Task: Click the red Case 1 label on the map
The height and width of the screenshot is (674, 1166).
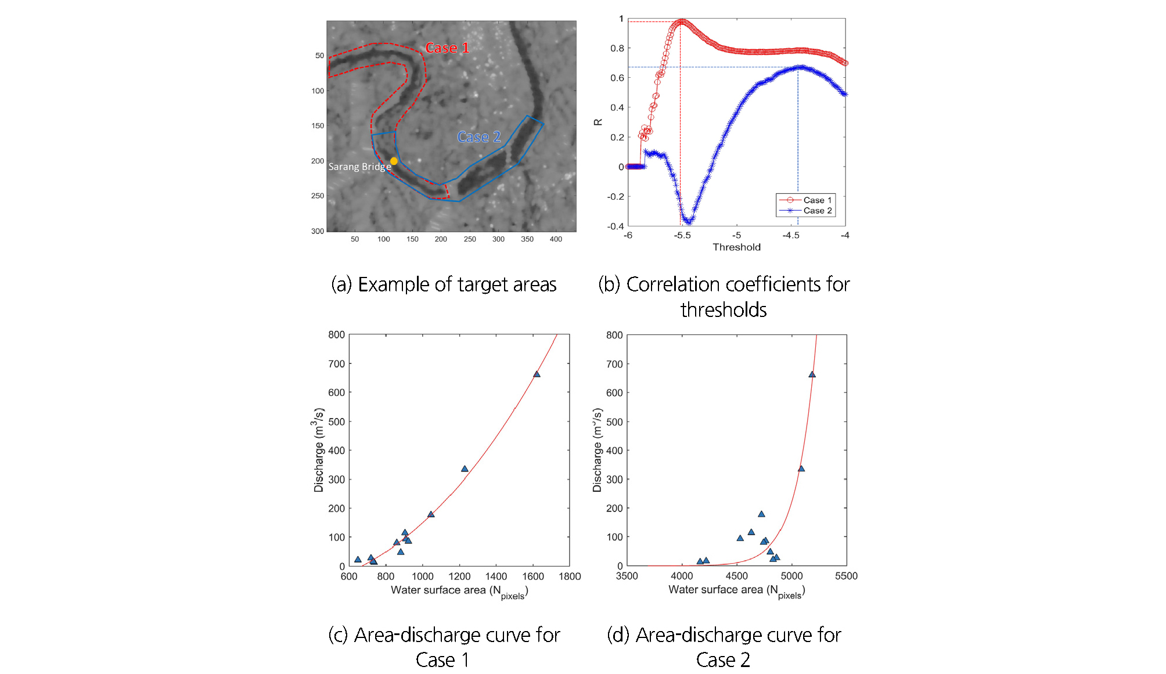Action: (x=447, y=48)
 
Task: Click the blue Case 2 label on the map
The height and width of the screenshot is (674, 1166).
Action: (x=478, y=137)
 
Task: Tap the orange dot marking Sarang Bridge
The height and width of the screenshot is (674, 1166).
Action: (x=394, y=161)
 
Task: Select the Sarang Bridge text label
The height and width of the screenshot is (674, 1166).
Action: (x=359, y=167)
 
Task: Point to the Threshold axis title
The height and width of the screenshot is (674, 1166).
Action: (x=736, y=247)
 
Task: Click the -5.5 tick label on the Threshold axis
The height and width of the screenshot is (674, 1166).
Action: (x=682, y=236)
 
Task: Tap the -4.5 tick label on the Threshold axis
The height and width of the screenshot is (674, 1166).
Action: (x=790, y=236)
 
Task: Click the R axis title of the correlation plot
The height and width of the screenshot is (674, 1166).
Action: (x=598, y=122)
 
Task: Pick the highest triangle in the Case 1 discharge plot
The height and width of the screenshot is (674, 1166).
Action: (x=537, y=374)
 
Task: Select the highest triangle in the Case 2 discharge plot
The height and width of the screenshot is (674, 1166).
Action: (x=812, y=374)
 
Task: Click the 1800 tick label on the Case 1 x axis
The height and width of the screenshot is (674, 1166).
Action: (x=570, y=576)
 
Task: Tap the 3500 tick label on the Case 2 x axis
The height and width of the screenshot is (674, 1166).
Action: (x=627, y=576)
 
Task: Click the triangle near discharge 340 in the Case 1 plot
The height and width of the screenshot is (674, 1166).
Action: (x=465, y=468)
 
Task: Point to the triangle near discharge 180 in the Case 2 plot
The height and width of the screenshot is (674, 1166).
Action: (x=761, y=514)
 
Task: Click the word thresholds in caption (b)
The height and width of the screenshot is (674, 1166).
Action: (x=724, y=310)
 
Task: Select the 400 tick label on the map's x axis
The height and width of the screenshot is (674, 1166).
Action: (x=556, y=239)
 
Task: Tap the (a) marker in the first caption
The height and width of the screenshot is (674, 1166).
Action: (x=341, y=284)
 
